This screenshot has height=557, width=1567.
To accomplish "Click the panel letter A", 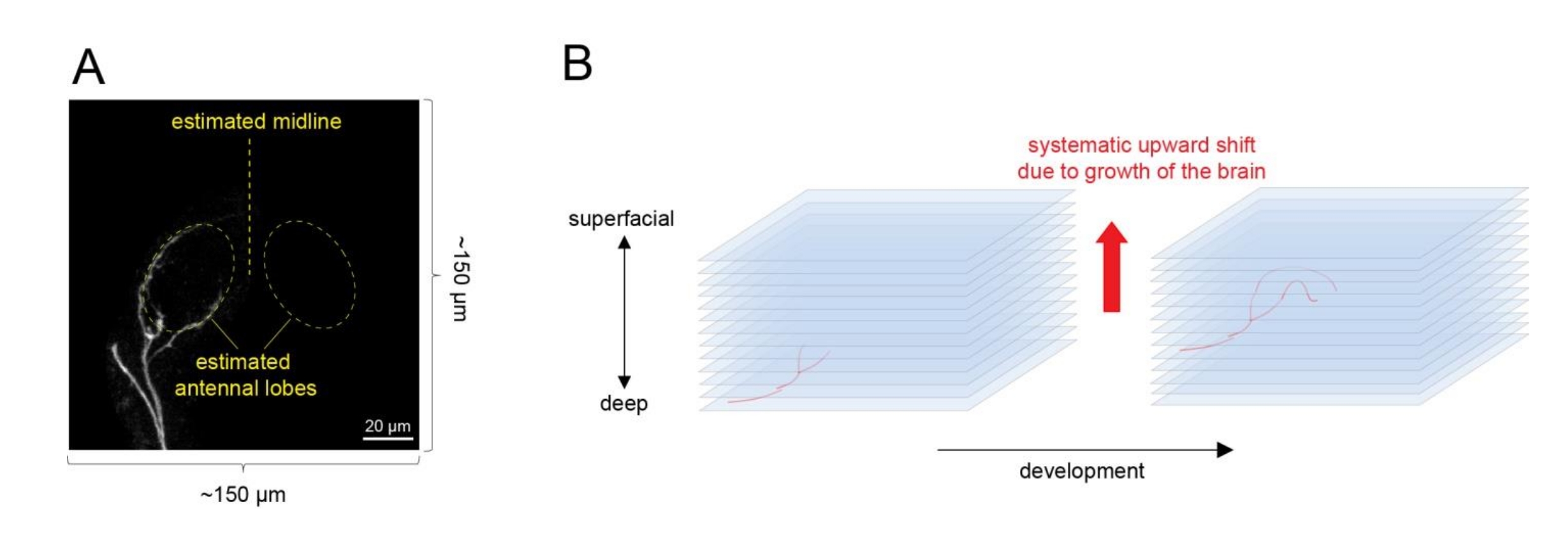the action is (x=88, y=68).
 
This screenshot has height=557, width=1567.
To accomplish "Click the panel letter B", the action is (x=577, y=64).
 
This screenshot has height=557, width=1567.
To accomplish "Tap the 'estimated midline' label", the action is (x=256, y=122).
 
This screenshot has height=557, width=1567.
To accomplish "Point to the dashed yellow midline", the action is (x=250, y=204).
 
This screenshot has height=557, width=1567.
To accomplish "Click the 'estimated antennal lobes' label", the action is (x=245, y=375).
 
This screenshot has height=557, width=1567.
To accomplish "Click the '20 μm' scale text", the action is (x=388, y=426).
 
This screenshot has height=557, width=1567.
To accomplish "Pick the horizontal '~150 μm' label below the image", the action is (x=243, y=495).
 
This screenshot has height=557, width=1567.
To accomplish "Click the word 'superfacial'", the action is (x=620, y=219).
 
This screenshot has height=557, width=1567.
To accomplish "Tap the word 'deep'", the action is (x=623, y=403).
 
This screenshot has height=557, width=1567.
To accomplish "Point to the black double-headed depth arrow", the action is (x=624, y=312).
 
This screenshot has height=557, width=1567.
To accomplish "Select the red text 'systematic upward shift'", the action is (x=1141, y=145).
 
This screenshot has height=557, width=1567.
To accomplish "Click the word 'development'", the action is (x=1081, y=471).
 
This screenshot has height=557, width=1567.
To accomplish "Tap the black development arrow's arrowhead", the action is (x=1224, y=450).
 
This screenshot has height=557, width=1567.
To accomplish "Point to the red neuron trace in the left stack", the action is (x=791, y=380).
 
